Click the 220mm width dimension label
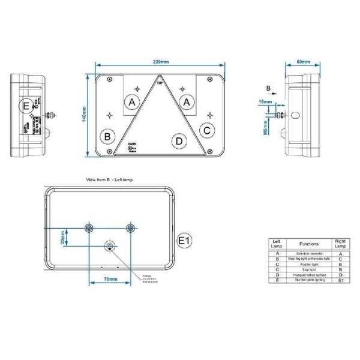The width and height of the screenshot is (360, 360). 160,62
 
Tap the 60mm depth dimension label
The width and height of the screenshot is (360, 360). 303,62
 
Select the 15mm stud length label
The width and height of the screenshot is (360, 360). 265,103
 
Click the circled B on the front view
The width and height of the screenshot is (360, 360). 108,136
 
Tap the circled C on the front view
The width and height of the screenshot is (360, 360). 206,129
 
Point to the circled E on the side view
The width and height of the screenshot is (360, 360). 25,107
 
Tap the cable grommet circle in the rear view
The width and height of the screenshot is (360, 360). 109,245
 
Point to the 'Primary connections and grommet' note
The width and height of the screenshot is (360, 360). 151,278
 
